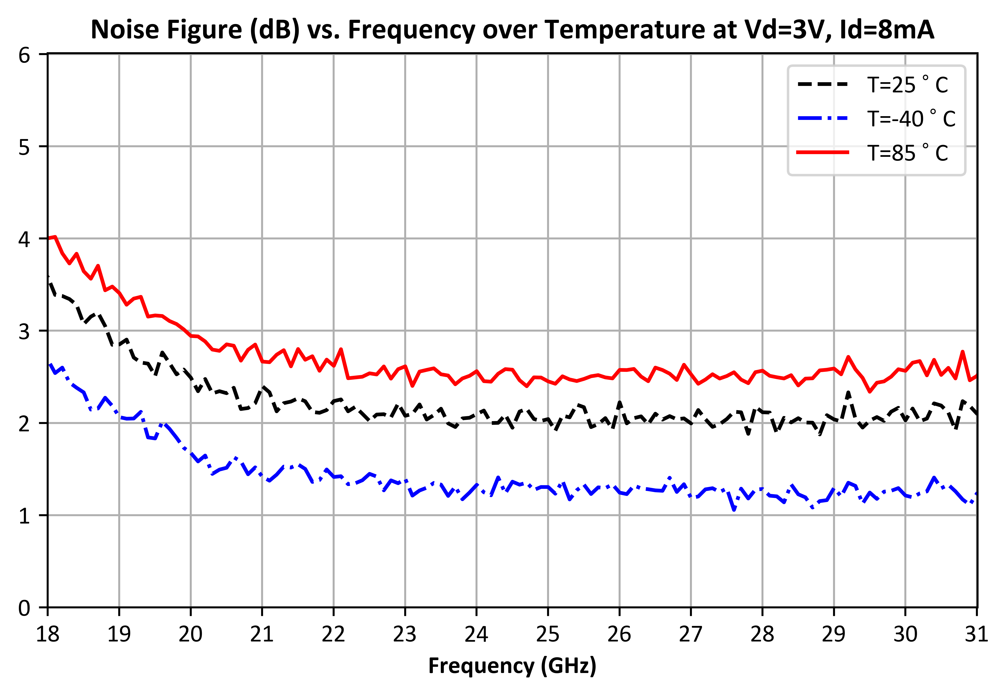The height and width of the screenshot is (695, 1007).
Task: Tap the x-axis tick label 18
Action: (48, 634)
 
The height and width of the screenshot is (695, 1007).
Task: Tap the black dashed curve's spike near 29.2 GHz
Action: (848, 392)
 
